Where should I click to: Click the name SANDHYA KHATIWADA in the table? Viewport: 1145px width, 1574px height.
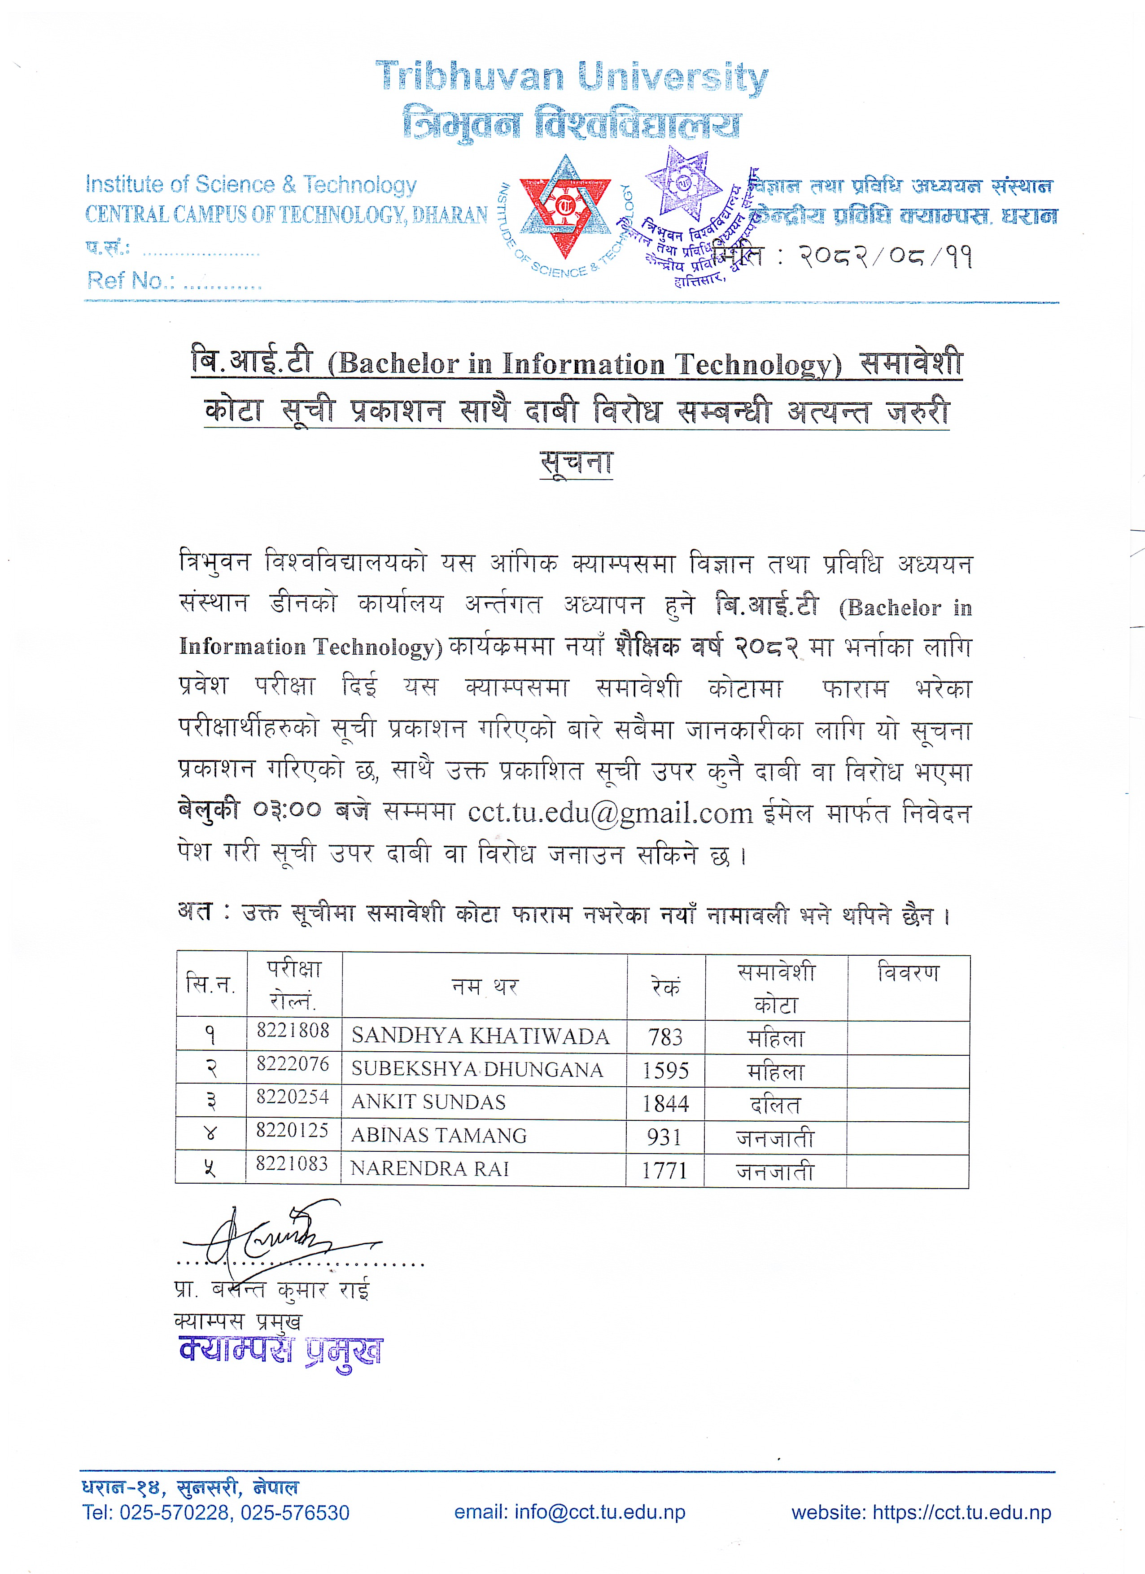(x=480, y=1036)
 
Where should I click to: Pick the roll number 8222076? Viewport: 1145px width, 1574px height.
(x=293, y=1064)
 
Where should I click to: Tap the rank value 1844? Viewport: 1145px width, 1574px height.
(x=665, y=1103)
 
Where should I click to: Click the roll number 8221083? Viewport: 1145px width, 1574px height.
(x=292, y=1164)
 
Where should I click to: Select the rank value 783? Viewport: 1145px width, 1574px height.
(x=665, y=1037)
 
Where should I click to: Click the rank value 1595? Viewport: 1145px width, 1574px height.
(x=665, y=1070)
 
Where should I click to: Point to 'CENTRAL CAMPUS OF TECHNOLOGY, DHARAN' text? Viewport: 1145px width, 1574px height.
(x=286, y=214)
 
